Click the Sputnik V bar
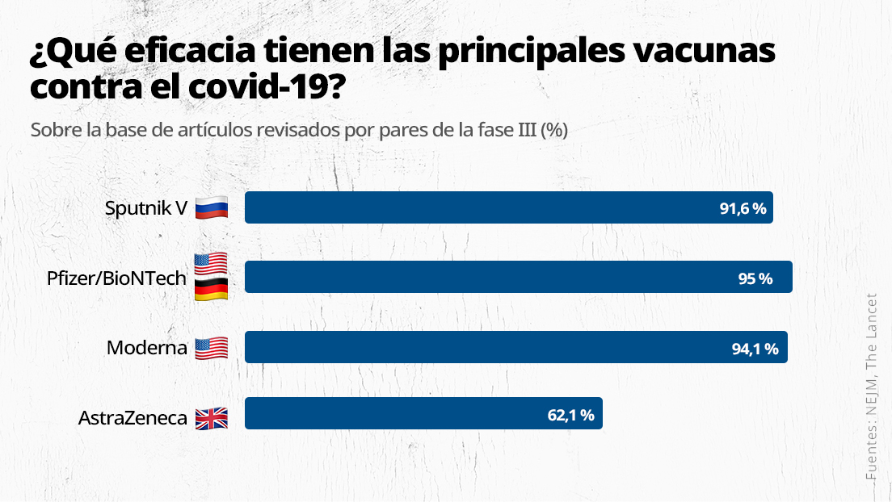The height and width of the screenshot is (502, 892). coord(509,207)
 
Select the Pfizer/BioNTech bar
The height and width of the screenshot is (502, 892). coord(518,277)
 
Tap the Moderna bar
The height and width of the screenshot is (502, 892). coord(515,347)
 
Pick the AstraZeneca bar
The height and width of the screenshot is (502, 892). coord(423,413)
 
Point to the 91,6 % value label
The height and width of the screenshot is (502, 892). coord(743,208)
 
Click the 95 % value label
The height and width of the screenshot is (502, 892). coord(755,278)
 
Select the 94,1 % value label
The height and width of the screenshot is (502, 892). coord(755,349)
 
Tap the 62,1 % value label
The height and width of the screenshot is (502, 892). coord(570,416)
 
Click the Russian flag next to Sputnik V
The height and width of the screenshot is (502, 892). coord(212,208)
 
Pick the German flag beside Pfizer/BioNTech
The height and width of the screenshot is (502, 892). coord(212,290)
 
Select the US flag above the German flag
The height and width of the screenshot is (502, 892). coord(212,264)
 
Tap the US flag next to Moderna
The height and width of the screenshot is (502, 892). coord(212,349)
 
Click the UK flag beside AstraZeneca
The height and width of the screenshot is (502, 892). coord(212,418)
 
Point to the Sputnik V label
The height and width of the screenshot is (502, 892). coord(146,208)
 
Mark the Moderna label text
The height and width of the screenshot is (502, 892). coord(147,349)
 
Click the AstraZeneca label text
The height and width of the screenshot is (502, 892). coord(133,419)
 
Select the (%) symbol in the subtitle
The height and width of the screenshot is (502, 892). coord(554,130)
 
